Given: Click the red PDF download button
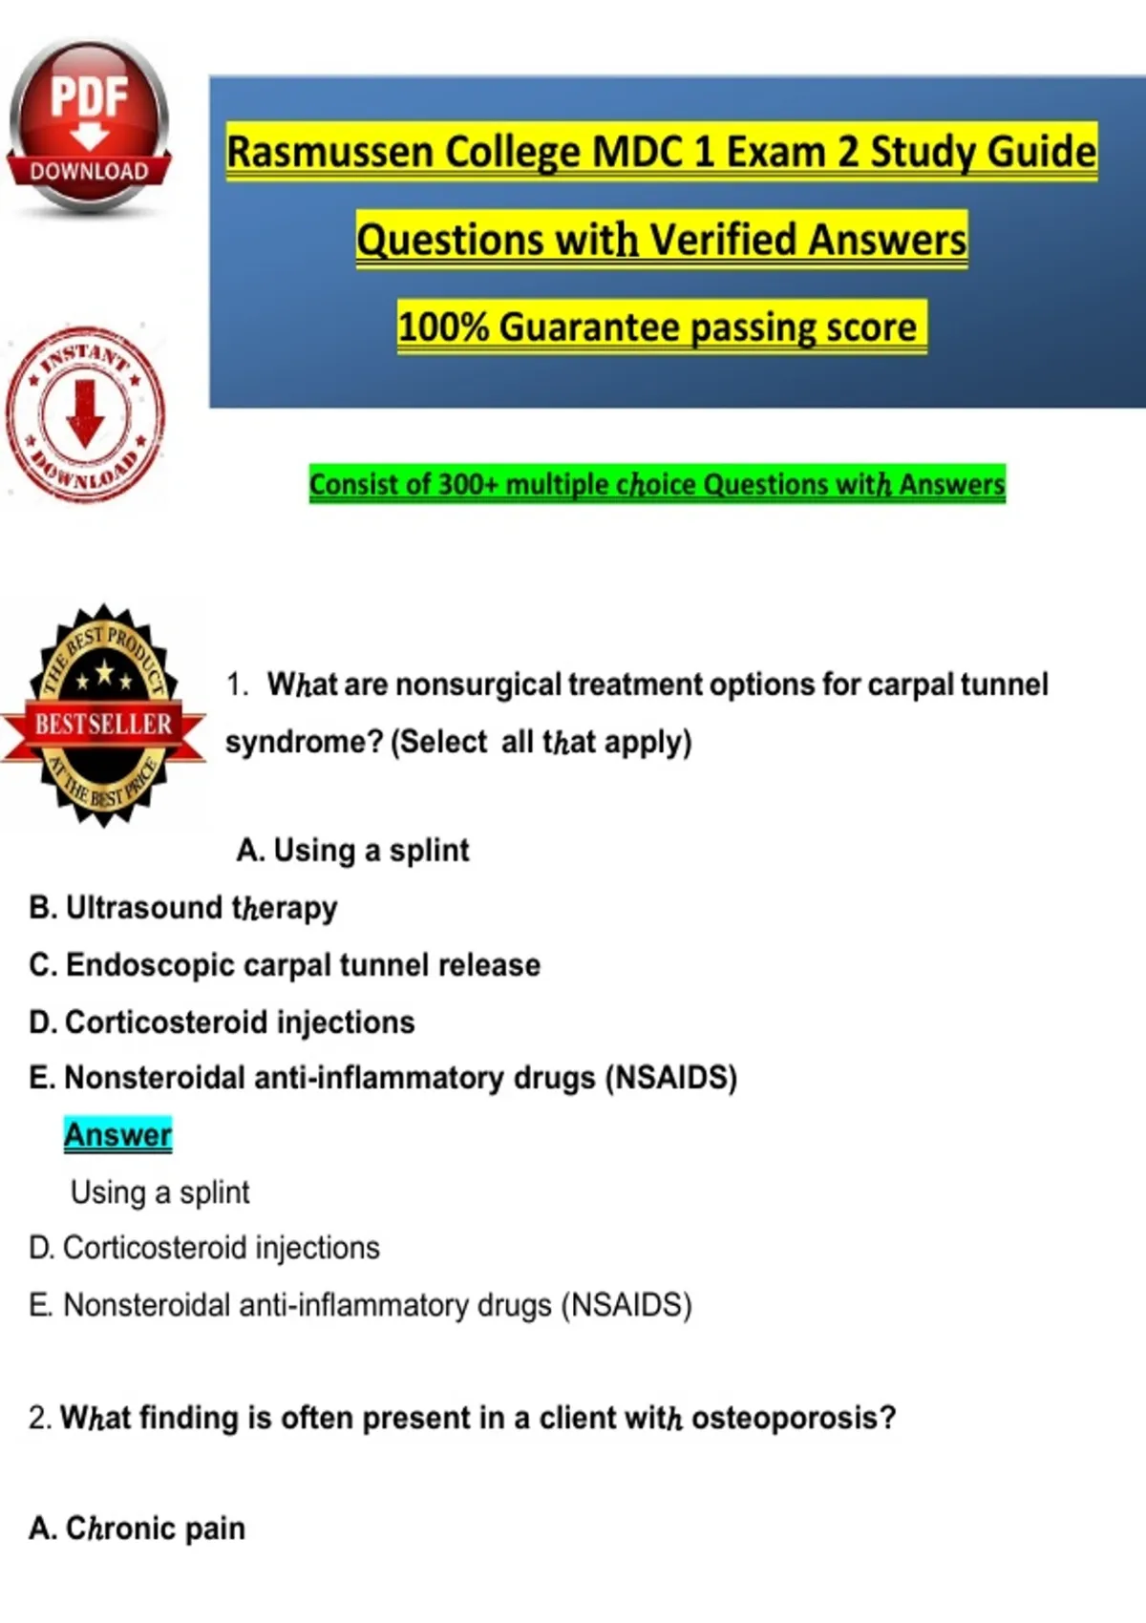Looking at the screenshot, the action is tap(89, 128).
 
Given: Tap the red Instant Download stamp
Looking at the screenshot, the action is tap(86, 413).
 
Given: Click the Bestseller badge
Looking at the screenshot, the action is tap(103, 715).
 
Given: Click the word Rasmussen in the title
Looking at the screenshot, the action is tap(331, 152).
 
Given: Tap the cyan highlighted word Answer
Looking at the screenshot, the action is tap(118, 1134).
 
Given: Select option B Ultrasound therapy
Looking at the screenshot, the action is tap(183, 908).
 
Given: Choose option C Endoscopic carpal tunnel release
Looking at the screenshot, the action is tap(285, 965).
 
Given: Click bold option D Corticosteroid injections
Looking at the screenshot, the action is tap(222, 1022).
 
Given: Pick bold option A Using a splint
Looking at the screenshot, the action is tap(353, 851).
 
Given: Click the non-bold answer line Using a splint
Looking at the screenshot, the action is tap(160, 1192).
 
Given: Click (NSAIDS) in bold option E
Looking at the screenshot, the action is tap(671, 1078).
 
